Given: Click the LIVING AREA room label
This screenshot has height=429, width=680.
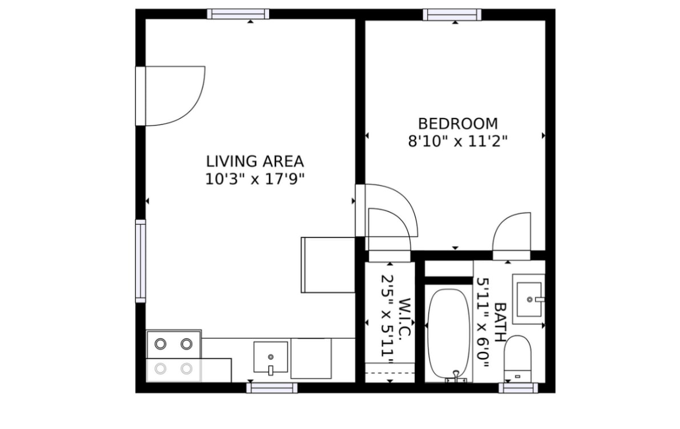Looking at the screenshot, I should pos(254,161).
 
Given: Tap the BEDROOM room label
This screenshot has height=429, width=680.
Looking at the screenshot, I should pos(458,124).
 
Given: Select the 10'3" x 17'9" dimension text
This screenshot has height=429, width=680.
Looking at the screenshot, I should pos(254,179).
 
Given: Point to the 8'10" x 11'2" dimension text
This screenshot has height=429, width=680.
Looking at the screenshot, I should pos(458,141).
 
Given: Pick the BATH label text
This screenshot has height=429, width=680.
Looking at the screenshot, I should pos(500,322).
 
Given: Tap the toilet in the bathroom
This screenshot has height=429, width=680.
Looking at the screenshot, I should pos(518,358).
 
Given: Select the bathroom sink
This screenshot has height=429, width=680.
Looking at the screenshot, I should pos(528,299).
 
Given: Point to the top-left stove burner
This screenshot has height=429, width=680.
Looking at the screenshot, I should pos(161,344).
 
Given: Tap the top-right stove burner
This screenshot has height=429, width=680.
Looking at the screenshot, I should pos(186,344).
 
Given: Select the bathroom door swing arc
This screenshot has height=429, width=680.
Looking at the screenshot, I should pos(512,231).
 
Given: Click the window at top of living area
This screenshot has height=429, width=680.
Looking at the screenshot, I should pos(238,14).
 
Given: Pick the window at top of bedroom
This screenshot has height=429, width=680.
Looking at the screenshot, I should pos(452,14).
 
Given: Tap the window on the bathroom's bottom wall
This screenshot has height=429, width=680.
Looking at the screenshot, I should pos(518,388).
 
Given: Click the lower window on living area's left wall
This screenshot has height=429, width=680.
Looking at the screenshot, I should pos(140,261).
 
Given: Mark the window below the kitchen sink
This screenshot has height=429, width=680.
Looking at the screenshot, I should pos(272,388).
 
